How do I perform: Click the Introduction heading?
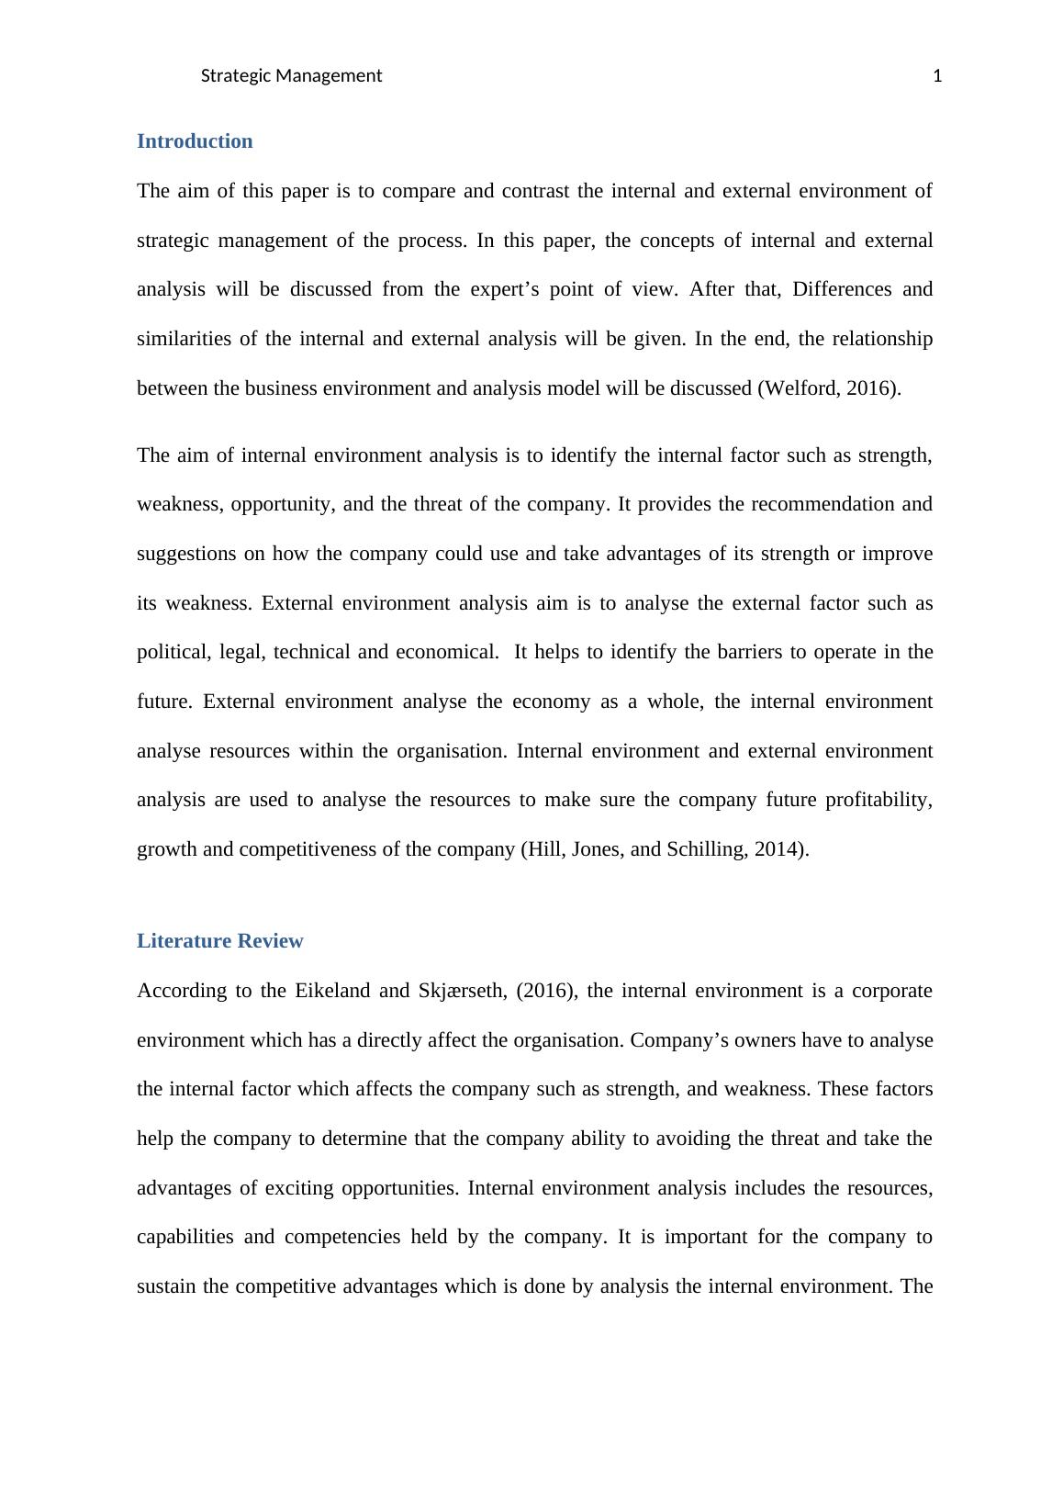(195, 141)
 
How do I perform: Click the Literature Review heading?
(219, 941)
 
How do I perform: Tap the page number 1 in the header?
(937, 76)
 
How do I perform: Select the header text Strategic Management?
(291, 76)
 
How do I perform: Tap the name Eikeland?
(332, 991)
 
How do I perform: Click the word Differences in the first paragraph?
(841, 289)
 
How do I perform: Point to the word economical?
(446, 652)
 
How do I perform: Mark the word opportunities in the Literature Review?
(397, 1188)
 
